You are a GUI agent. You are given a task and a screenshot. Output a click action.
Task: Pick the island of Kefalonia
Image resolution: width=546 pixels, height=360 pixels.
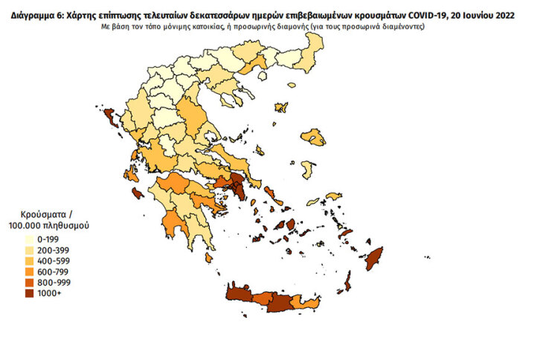point(132,174)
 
